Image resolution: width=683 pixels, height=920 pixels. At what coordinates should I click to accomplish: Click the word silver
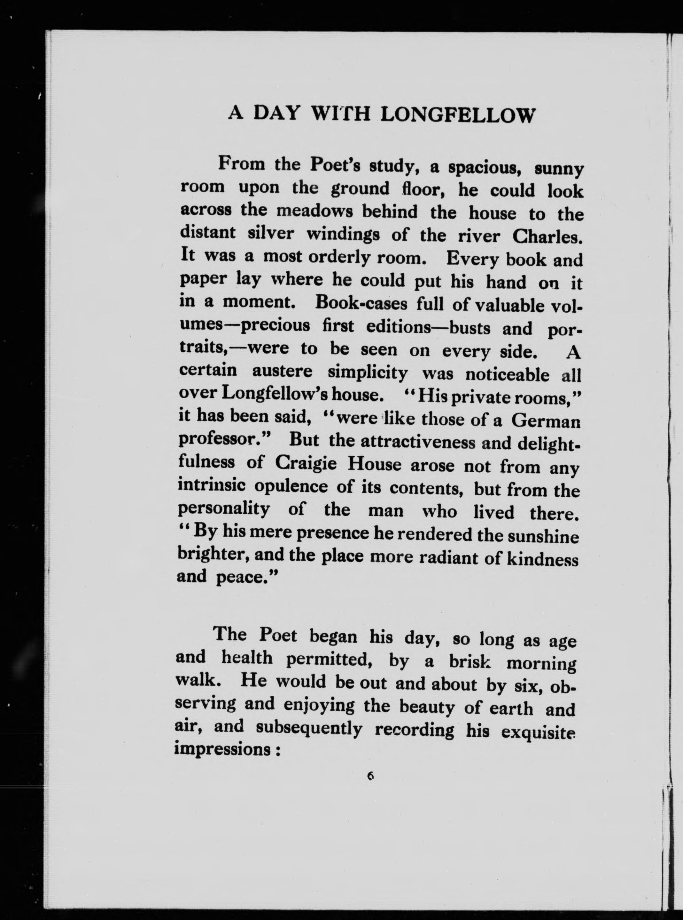(270, 233)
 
